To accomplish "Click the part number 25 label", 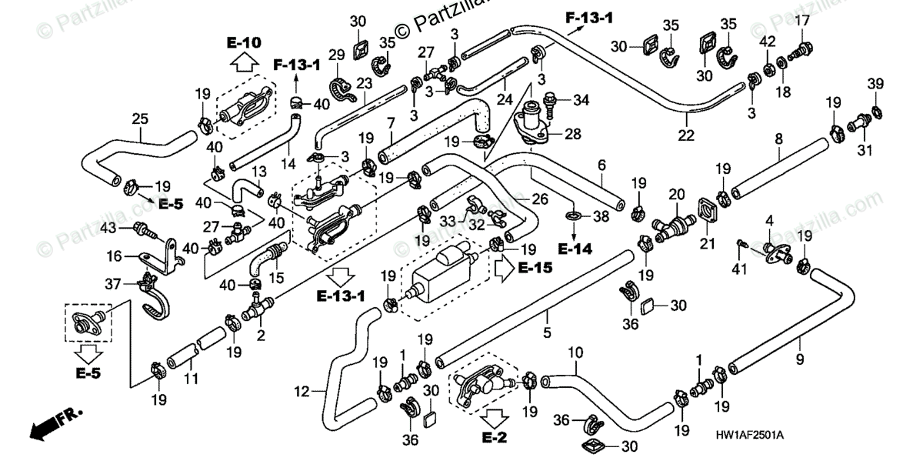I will point(140,119).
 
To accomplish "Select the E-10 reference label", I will point(245,42).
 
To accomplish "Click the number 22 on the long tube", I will point(686,135).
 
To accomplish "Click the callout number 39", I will point(875,83).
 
